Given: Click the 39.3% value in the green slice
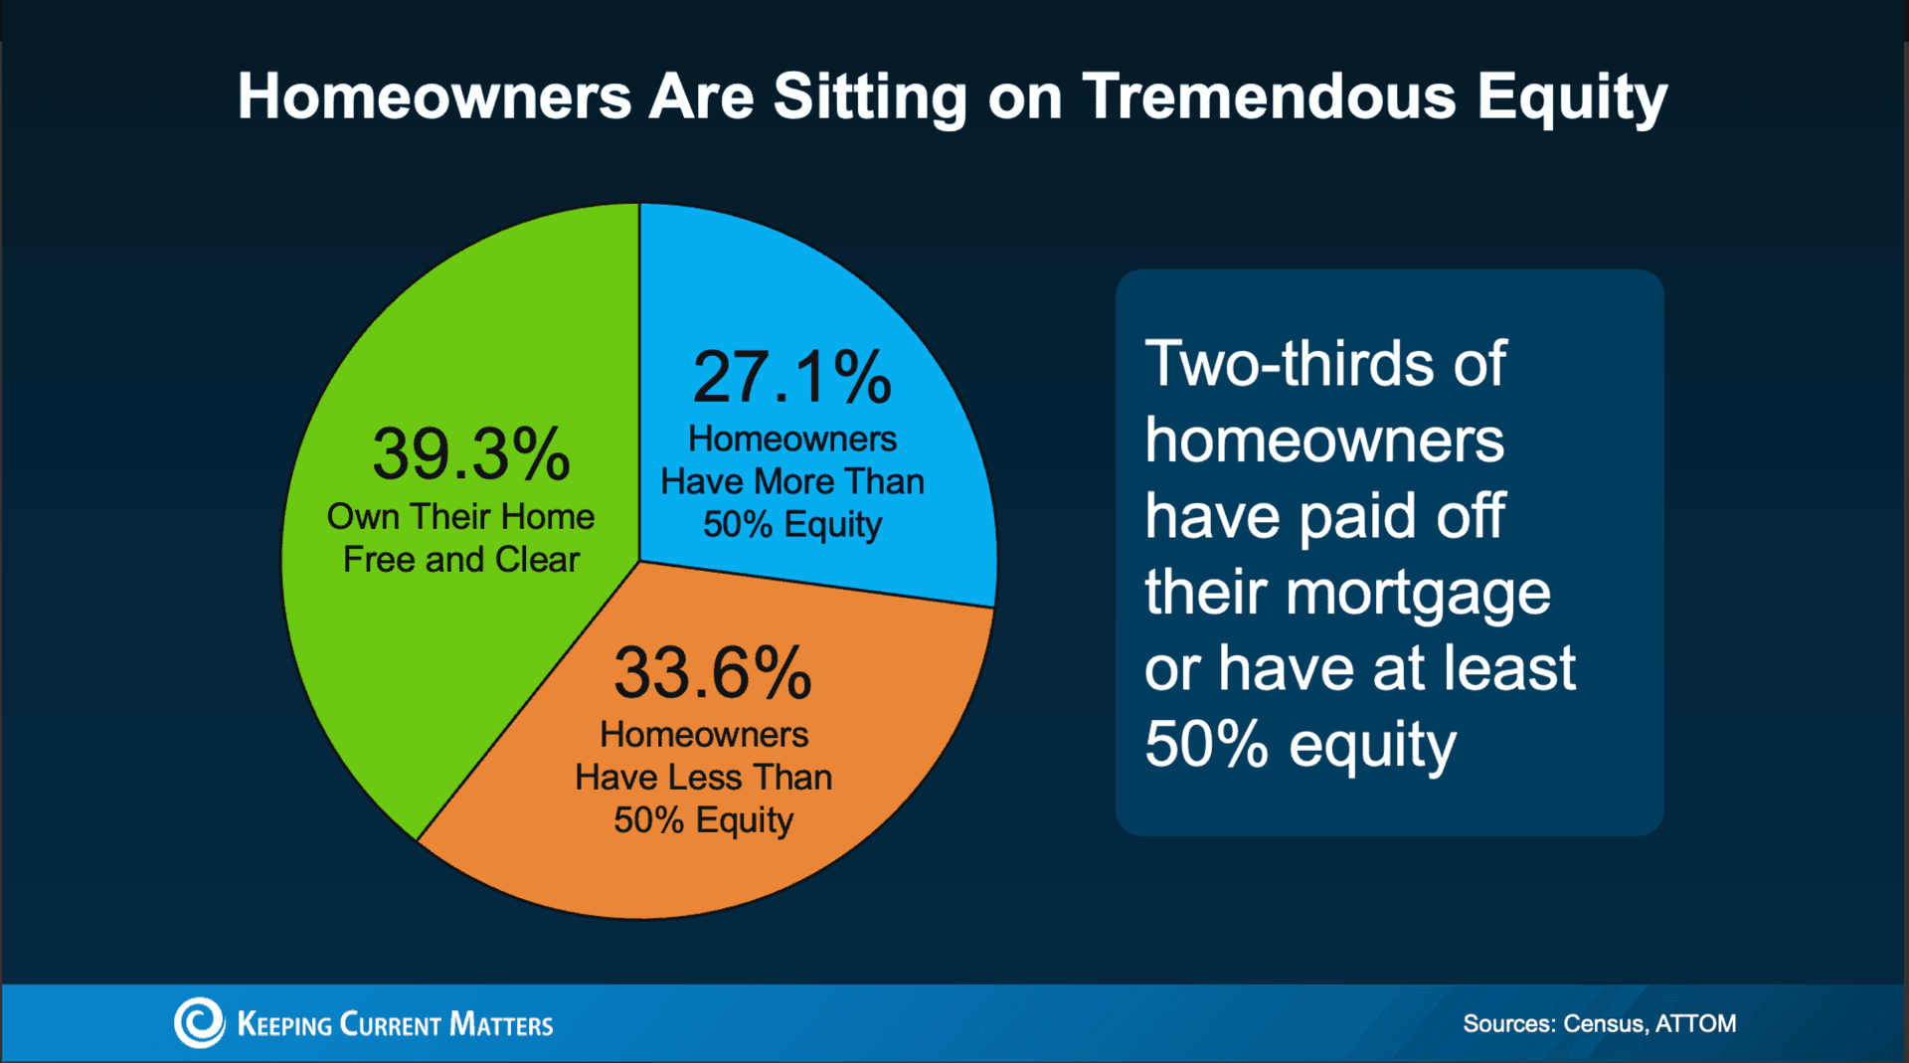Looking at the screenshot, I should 471,454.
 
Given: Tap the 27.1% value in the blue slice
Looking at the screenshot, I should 791,377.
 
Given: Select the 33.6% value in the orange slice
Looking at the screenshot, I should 712,673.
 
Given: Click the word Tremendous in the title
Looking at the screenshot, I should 1269,96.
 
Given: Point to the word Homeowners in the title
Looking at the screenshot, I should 434,96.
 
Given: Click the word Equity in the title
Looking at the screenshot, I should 1571,98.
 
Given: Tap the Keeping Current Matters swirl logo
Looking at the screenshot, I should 199,1022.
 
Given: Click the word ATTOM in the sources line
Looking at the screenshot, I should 1695,1023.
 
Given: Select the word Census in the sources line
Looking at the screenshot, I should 1603,1023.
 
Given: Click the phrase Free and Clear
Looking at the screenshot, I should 460,560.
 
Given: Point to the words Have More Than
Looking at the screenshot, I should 792,481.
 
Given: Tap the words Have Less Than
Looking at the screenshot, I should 703,777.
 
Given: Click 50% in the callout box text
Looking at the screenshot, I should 1206,745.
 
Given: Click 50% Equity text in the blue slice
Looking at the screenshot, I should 792,524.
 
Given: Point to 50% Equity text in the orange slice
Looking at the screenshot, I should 703,820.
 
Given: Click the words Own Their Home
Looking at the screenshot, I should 460,517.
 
